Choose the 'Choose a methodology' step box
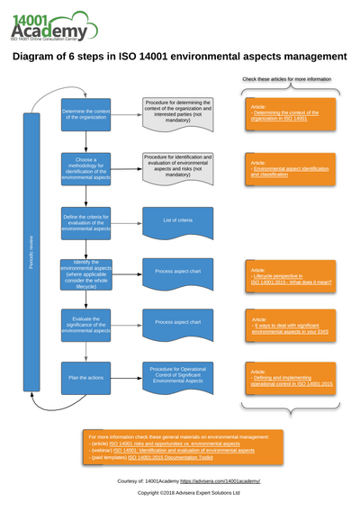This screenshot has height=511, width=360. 85,168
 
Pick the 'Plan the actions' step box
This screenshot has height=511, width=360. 85,377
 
